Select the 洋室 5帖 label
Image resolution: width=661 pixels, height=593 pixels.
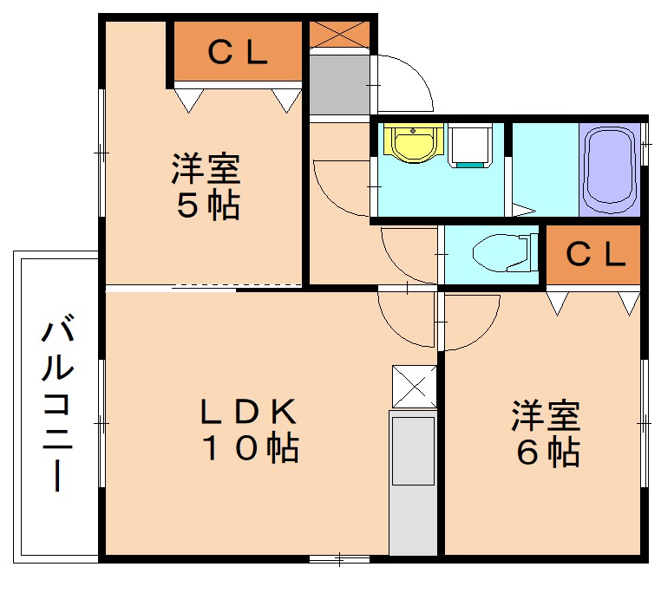[x=205, y=186]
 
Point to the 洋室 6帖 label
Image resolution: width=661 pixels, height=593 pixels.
[x=545, y=433]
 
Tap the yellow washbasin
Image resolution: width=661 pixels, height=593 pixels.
[x=413, y=144]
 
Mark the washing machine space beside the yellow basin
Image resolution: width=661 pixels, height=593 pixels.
[x=471, y=146]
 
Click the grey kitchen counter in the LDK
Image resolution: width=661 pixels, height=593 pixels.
[x=413, y=482]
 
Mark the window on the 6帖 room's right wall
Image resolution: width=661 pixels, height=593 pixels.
[x=645, y=420]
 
